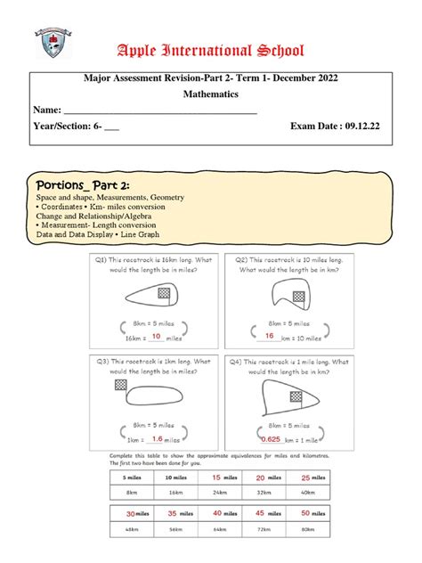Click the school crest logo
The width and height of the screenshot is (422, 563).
[53, 46]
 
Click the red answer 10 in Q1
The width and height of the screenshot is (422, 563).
[156, 336]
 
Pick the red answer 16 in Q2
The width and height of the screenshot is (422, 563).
[268, 336]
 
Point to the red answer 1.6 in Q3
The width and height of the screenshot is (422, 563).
[156, 438]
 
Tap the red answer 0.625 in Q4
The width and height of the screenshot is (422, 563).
[271, 438]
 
